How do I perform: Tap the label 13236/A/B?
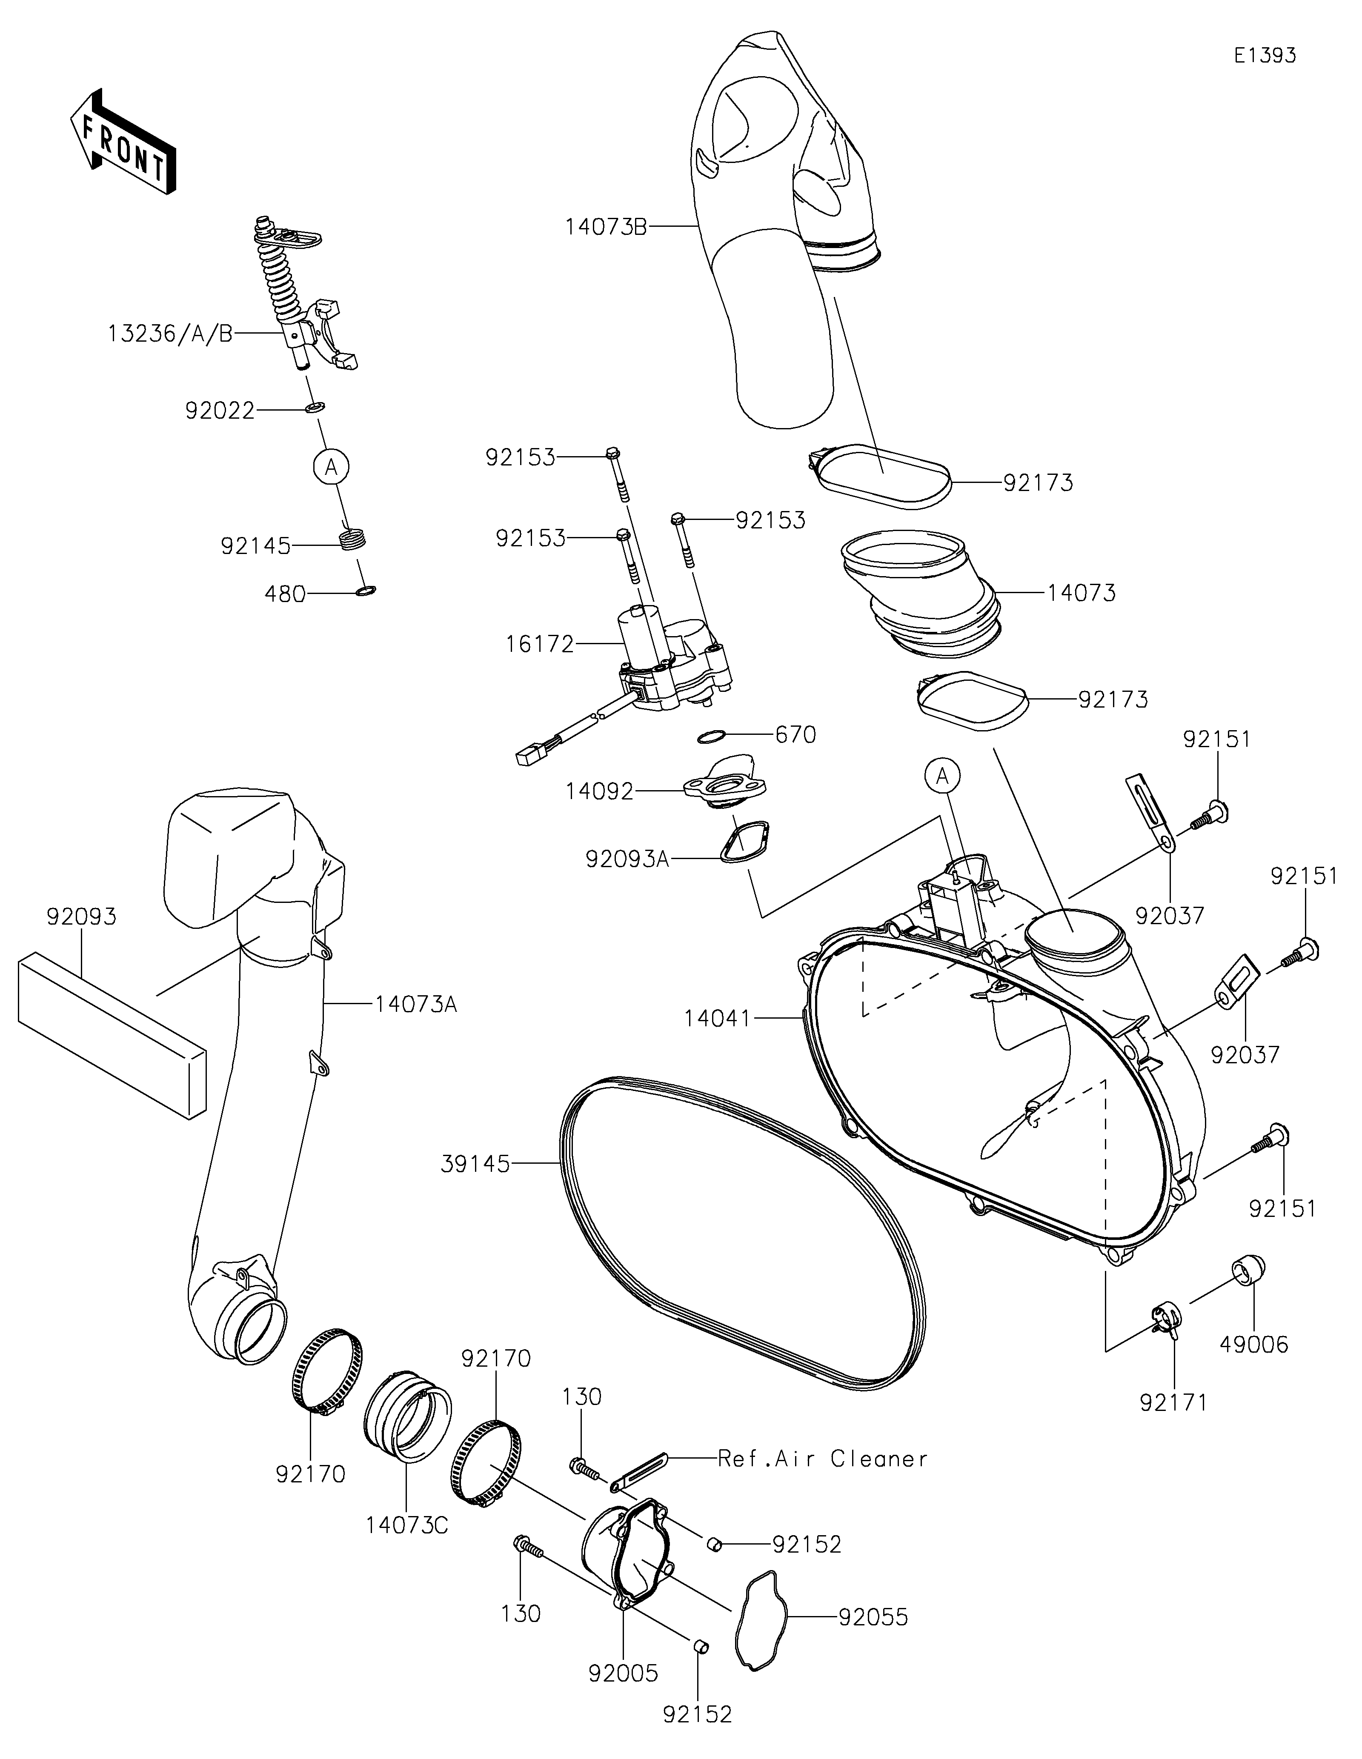[x=170, y=334]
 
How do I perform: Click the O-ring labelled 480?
[x=365, y=592]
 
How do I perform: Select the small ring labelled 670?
[x=710, y=736]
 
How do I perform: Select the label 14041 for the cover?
[x=717, y=1019]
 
